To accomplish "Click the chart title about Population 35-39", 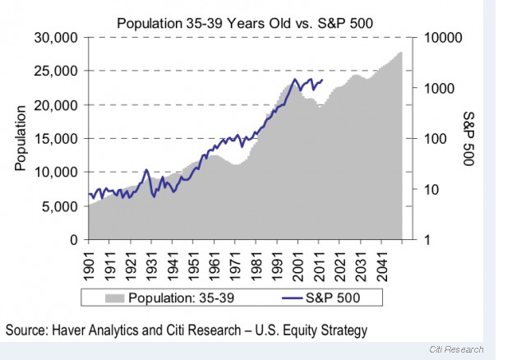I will (x=245, y=22).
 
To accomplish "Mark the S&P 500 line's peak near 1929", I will (x=146, y=170).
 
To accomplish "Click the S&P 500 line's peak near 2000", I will (x=295, y=80).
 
